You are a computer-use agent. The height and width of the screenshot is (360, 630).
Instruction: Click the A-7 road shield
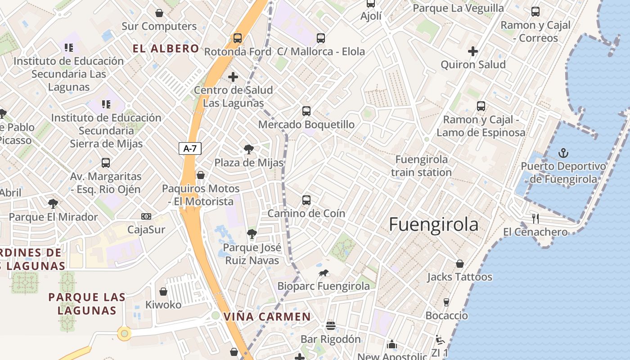click(190, 148)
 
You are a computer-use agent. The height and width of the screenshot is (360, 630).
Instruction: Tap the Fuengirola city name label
click(433, 224)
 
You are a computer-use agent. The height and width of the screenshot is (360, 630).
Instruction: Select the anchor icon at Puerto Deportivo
click(563, 153)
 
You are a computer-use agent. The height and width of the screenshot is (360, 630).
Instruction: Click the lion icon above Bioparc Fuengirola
click(324, 273)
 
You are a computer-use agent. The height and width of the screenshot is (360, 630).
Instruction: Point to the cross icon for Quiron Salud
click(472, 51)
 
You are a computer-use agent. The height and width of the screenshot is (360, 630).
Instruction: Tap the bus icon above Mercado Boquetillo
click(306, 111)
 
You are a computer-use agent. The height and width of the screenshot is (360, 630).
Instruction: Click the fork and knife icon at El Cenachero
click(535, 219)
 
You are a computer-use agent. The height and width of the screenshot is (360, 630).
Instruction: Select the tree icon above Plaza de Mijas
click(248, 149)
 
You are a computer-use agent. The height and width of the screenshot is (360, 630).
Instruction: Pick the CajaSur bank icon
click(146, 216)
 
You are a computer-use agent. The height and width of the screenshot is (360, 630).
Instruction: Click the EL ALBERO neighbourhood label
click(166, 49)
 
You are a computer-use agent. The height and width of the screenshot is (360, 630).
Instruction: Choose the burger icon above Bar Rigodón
click(331, 325)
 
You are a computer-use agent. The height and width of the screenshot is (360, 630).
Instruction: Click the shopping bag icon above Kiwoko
click(163, 292)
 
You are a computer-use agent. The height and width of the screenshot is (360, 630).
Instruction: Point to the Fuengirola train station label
click(421, 166)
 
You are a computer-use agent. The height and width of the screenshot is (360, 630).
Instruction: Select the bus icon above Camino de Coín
click(306, 200)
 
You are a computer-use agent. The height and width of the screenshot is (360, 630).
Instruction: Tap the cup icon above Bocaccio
click(446, 302)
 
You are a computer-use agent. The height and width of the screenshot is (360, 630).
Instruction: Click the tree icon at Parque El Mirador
click(53, 203)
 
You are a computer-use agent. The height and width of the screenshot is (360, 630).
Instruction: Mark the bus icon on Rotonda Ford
click(238, 38)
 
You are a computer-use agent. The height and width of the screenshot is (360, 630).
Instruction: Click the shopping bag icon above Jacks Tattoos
click(459, 263)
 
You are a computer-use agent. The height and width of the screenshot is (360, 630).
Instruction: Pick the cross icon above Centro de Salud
click(233, 77)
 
